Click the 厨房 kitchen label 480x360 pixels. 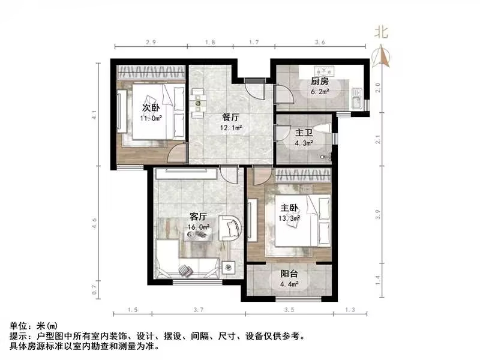click(320, 82)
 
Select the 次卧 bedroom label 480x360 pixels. click(150, 108)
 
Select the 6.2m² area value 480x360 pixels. click(320, 92)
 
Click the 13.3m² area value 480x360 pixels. click(288, 218)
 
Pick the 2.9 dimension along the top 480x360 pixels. click(151, 43)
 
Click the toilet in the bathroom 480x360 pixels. click(325, 130)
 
